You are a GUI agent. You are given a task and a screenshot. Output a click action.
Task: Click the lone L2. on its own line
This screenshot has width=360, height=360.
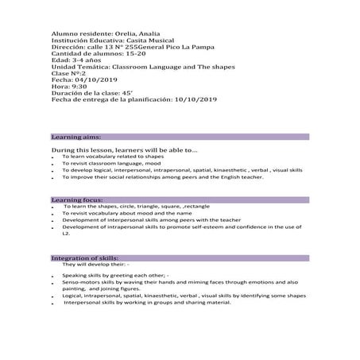(67, 234)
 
